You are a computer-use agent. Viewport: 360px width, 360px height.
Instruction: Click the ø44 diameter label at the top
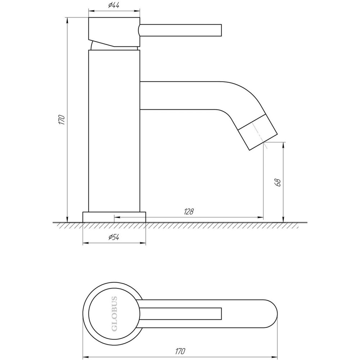114,5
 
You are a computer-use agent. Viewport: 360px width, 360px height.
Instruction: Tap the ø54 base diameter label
114,237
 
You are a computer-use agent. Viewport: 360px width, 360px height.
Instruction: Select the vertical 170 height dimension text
62,120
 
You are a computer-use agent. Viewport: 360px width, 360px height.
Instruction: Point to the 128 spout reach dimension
189,211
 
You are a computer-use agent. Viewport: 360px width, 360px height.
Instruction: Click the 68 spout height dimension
278,183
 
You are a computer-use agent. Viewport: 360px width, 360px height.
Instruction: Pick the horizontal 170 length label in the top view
180,351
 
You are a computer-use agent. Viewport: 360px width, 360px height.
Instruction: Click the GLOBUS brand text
114,314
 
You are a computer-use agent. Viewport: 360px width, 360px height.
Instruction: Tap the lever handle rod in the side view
180,30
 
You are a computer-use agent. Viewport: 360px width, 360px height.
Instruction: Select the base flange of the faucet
114,217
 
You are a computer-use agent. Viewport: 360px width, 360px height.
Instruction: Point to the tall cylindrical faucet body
114,131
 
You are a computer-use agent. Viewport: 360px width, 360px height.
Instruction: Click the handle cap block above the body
114,32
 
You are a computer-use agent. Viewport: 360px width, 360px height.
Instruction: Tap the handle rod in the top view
180,314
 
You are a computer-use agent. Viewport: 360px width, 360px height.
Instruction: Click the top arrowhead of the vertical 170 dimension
67,20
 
